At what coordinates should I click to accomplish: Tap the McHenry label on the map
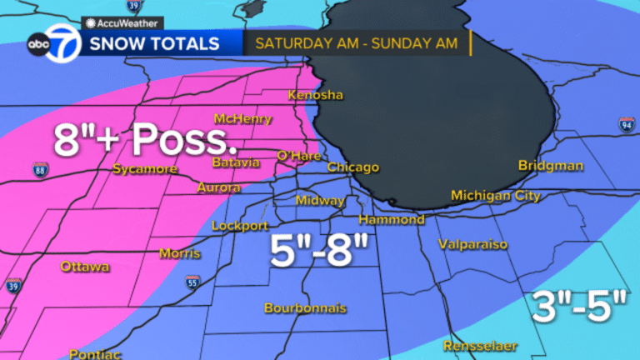[x=242, y=118]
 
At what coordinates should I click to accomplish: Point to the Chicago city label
[x=353, y=167]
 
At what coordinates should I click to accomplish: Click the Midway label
[x=321, y=201]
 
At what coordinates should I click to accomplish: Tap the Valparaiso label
[x=473, y=245]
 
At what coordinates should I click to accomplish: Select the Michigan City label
[x=496, y=195]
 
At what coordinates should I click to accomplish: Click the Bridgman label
[x=551, y=165]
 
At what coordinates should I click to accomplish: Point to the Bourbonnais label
[x=305, y=307]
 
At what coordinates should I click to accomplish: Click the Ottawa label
[x=85, y=267]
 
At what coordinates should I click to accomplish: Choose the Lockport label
[x=240, y=226]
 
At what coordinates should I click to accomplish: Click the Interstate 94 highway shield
[x=627, y=125]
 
